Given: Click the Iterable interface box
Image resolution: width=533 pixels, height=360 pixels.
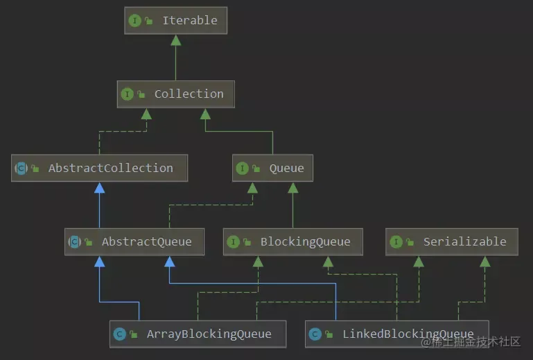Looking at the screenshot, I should tap(175, 21).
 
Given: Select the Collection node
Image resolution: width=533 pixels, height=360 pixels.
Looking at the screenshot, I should tap(175, 94).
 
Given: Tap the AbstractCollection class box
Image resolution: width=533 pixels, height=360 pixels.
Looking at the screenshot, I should tap(99, 168).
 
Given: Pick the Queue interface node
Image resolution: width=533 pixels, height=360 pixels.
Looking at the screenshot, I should tap(272, 168).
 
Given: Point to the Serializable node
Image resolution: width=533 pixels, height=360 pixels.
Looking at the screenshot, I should tap(451, 242).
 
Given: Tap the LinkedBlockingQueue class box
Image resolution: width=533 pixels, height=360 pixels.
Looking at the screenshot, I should tap(396, 334).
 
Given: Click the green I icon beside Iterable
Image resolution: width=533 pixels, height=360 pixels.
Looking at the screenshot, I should tap(134, 21).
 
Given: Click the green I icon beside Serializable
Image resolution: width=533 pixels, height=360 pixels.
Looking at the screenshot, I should tap(396, 242).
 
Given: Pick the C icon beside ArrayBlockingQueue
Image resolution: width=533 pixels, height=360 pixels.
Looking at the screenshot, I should tap(119, 334).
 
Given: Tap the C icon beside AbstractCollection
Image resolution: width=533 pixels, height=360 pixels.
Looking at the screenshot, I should tap(21, 168).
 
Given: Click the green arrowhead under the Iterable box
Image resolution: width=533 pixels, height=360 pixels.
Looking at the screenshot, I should tap(175, 40).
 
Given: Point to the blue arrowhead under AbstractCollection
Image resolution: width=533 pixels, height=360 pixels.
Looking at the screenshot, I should tap(99, 188).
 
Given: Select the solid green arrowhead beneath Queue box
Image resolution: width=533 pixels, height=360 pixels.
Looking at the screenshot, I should tap(292, 188).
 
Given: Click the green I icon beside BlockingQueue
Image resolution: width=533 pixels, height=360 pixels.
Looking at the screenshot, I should tap(233, 242).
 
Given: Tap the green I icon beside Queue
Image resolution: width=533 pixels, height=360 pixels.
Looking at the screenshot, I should tap(242, 168).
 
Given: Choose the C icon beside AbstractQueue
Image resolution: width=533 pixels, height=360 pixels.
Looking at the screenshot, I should tap(74, 242).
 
